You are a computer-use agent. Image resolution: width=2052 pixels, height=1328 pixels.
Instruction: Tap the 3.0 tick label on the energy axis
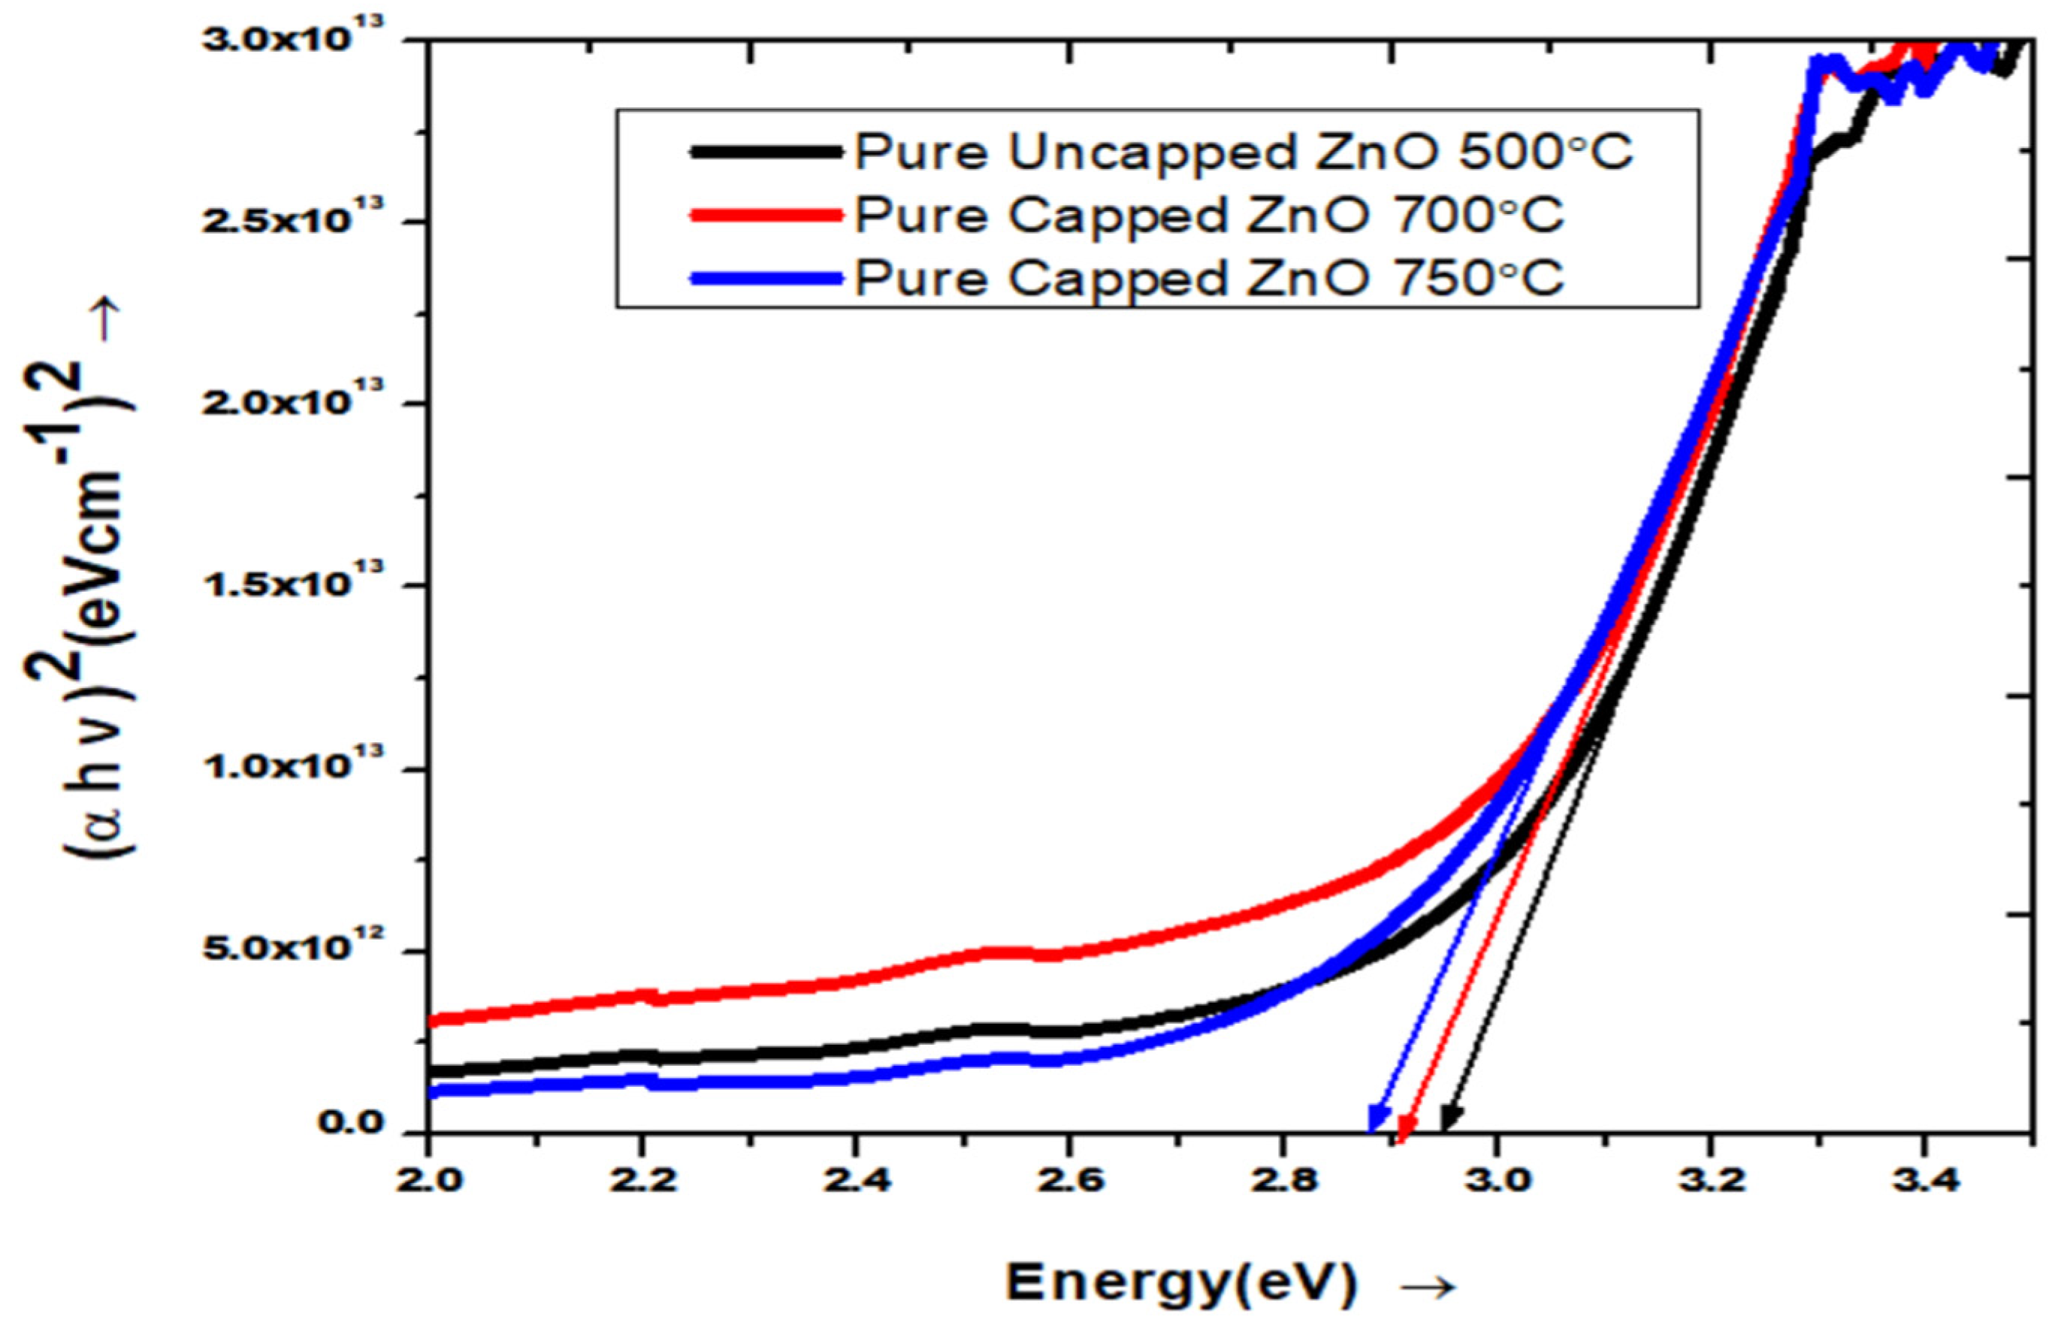coord(1495,1180)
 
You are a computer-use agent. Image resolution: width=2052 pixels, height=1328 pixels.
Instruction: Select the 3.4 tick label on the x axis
coord(1922,1180)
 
